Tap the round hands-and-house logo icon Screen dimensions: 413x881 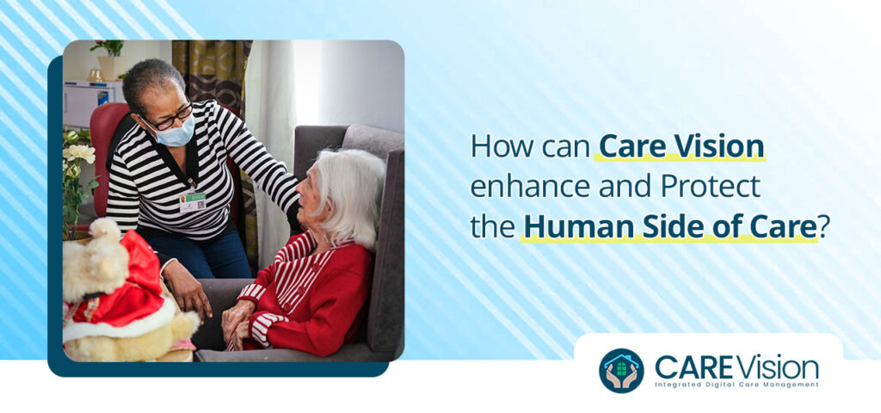(620, 370)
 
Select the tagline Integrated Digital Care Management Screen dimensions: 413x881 (736, 384)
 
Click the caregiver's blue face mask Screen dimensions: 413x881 (175, 133)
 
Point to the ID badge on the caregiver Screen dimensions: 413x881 (193, 202)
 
